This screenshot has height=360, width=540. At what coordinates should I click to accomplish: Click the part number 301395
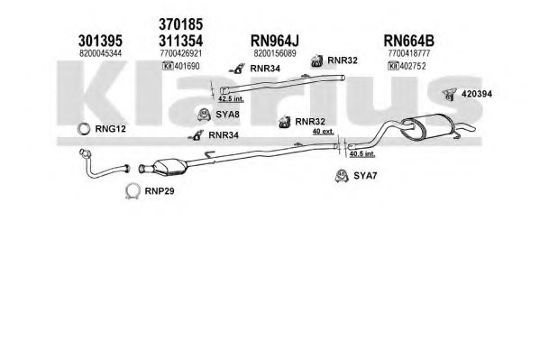100,41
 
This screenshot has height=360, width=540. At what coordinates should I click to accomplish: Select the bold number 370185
181,24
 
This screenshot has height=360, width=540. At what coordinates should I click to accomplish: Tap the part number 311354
181,41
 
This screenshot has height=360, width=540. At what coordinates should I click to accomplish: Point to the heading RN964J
274,41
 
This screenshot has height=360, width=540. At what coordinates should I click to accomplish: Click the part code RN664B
408,41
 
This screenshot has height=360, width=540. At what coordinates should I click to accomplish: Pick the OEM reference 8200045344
100,53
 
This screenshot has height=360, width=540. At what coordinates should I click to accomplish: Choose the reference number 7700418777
408,53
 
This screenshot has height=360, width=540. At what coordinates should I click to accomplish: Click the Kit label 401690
181,66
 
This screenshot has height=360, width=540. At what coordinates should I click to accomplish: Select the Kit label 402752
407,66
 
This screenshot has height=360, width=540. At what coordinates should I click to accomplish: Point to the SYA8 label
227,115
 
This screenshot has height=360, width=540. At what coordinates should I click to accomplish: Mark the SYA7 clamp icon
342,176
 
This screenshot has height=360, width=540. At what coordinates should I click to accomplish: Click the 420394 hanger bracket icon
450,94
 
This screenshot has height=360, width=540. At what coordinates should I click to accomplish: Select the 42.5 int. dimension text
231,99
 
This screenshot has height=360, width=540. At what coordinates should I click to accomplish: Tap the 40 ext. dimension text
324,131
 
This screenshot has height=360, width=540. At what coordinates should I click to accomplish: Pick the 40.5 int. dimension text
362,153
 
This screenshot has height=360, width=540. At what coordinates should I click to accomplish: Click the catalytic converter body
169,166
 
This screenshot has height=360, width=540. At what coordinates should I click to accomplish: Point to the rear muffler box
426,125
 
